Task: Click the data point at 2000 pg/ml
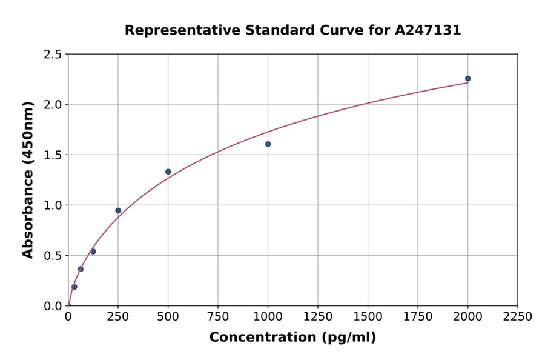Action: coord(467,79)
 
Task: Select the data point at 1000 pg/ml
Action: coord(268,144)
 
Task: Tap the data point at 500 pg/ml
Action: coord(168,172)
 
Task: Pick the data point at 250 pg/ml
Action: coord(118,211)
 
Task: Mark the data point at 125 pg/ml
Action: coord(93,252)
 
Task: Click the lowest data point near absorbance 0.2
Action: coord(74,287)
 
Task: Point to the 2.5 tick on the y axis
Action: coord(53,55)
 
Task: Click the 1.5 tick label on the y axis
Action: coord(53,155)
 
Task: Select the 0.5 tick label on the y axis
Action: coord(53,256)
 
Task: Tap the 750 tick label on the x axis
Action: coord(218,317)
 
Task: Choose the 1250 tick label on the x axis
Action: coord(318,317)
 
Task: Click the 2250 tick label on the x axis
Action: coord(518,317)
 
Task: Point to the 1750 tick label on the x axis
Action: coord(418,317)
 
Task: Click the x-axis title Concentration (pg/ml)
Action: coord(292,338)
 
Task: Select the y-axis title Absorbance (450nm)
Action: coord(28,180)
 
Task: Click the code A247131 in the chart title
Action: coord(428,30)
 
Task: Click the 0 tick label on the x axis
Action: coord(68,317)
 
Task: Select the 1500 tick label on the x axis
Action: coord(368,317)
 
